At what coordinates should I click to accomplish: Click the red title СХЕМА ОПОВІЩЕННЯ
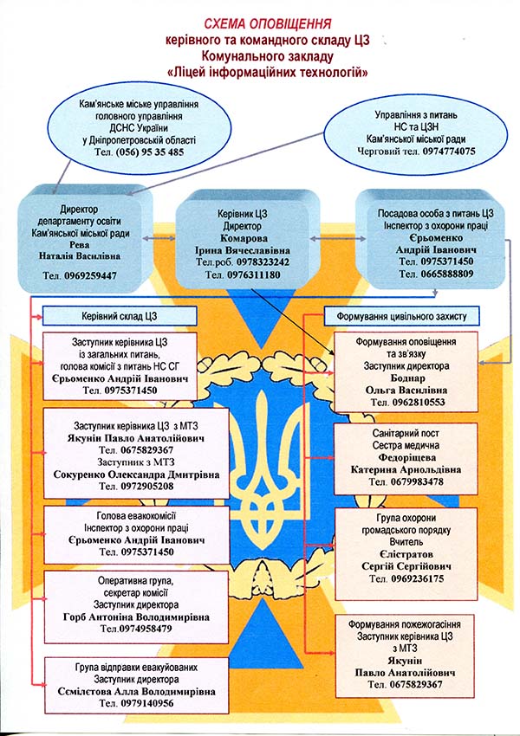click(268, 24)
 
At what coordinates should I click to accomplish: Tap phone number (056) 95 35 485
click(150, 152)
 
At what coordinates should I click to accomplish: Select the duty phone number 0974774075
click(449, 152)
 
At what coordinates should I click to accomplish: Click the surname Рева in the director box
click(79, 244)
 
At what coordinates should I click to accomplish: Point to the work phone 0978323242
click(263, 261)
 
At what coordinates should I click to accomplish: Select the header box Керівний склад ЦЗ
click(120, 316)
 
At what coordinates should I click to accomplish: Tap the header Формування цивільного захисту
click(401, 316)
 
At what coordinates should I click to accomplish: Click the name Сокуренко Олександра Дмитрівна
click(136, 475)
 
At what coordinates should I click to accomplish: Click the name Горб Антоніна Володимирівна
click(136, 617)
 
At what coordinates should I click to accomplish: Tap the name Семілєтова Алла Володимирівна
click(136, 692)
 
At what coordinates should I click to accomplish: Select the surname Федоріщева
click(406, 458)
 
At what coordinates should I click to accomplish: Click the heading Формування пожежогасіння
click(404, 624)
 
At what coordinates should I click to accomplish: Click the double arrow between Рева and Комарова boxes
click(159, 238)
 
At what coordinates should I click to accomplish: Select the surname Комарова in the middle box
click(244, 238)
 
